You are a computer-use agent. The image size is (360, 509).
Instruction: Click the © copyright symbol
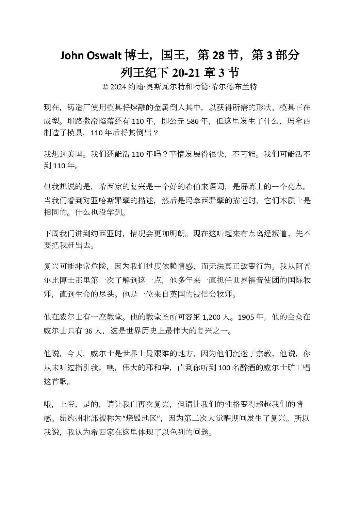105,87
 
